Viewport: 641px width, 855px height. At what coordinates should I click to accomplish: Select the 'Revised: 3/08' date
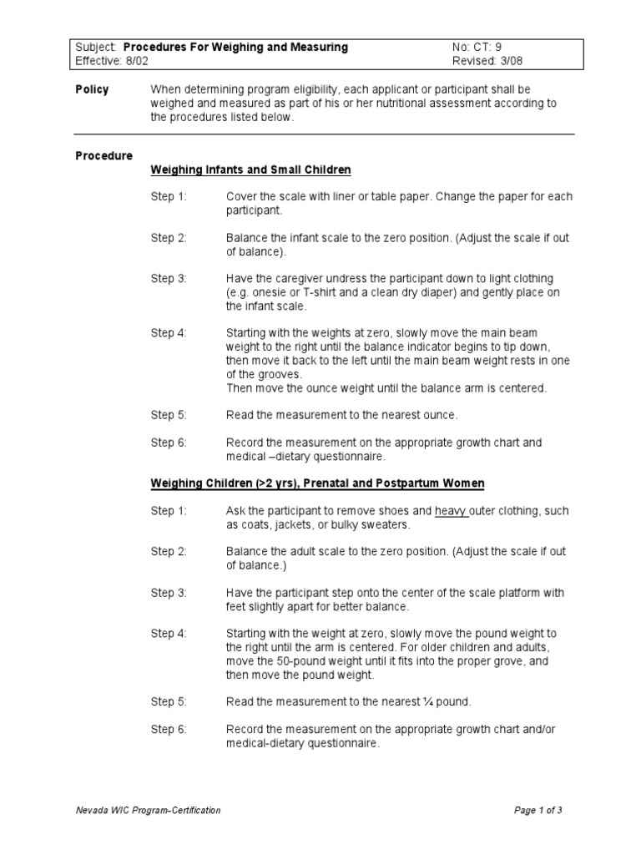point(488,61)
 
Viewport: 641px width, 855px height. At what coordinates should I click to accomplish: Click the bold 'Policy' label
point(92,89)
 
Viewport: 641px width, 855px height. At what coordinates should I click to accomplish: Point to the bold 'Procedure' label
point(103,155)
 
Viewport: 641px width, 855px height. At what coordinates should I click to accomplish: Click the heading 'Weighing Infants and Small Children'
point(250,169)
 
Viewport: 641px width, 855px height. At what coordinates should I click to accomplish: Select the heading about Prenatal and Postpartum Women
point(317,483)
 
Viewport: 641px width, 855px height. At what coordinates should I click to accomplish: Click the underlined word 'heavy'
point(452,511)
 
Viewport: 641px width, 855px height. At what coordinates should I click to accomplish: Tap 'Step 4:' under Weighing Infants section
point(169,333)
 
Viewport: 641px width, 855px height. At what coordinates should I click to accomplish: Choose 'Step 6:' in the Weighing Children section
point(169,730)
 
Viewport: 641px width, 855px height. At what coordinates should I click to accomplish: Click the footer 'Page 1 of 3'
point(538,810)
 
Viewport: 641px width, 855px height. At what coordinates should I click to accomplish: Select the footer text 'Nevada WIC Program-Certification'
point(148,810)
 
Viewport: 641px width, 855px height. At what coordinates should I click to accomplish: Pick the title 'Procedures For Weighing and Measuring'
point(235,48)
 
